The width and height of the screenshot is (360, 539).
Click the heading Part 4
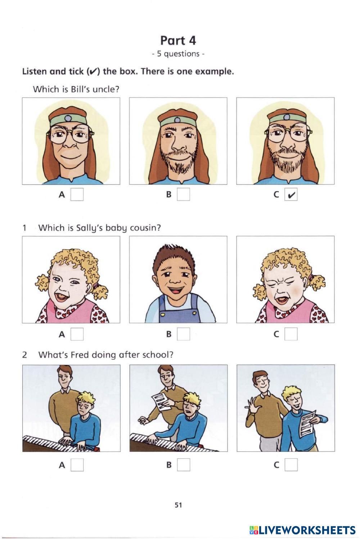[x=178, y=40]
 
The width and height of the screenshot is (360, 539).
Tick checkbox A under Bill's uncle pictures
[x=77, y=194]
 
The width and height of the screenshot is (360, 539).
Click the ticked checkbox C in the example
[x=291, y=194]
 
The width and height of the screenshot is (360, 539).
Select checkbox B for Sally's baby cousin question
[x=183, y=334]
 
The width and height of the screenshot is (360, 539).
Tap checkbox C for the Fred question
[x=291, y=464]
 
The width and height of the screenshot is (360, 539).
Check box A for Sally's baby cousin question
[x=77, y=334]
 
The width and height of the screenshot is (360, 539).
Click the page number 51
[x=178, y=505]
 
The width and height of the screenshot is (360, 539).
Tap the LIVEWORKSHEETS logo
[x=302, y=530]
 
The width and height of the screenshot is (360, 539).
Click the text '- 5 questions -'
[x=178, y=54]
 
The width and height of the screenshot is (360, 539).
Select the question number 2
[x=24, y=355]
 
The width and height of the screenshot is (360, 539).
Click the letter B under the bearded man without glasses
[x=169, y=194]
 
